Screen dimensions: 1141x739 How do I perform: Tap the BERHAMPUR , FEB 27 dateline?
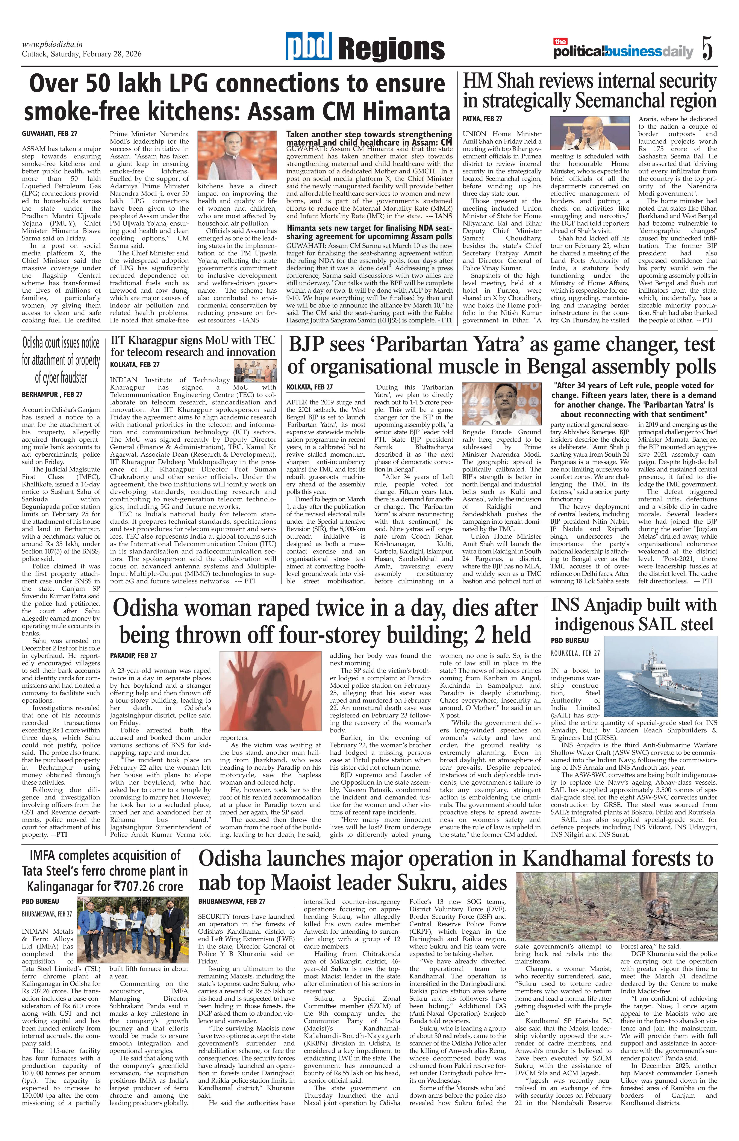tap(52, 395)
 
